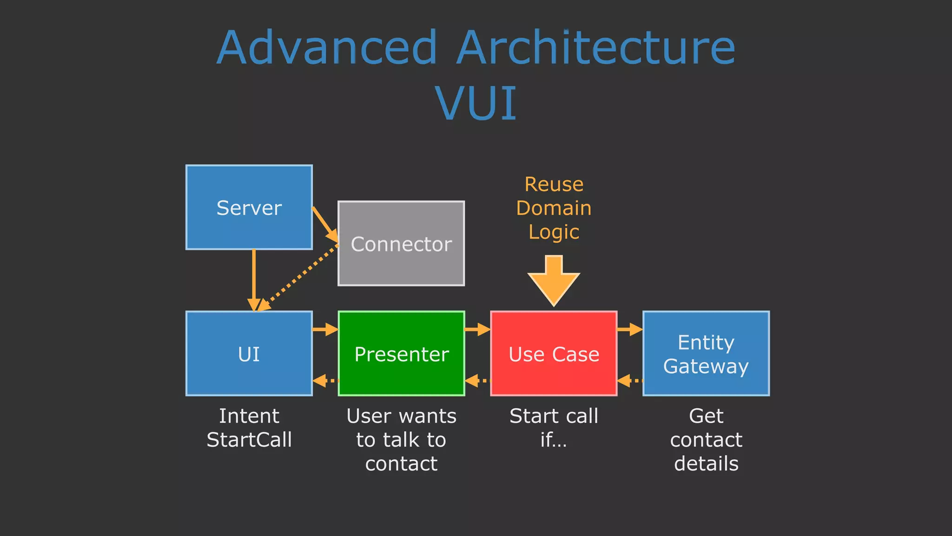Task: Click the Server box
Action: click(x=249, y=207)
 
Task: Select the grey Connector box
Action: click(x=401, y=243)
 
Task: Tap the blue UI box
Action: click(x=249, y=354)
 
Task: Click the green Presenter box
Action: click(x=401, y=354)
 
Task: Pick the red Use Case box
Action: click(x=554, y=354)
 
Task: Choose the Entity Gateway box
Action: click(x=706, y=354)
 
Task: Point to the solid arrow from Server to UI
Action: click(x=254, y=279)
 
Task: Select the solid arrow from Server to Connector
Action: click(x=324, y=224)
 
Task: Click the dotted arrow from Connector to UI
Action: click(x=297, y=278)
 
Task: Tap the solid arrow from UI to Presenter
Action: click(x=325, y=329)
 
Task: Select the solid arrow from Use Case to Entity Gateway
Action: click(x=630, y=329)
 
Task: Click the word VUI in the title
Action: click(x=476, y=103)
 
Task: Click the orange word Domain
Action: click(x=554, y=208)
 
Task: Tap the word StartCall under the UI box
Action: click(x=249, y=440)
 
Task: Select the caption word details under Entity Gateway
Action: click(x=706, y=463)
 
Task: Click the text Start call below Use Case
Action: click(x=554, y=416)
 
